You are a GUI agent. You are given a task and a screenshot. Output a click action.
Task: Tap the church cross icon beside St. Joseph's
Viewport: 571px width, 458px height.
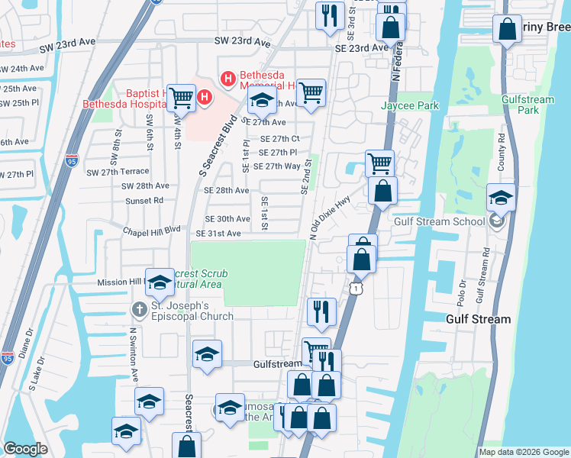click(x=138, y=311)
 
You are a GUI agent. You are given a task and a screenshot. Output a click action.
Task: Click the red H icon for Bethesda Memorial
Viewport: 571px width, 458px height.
click(x=227, y=79)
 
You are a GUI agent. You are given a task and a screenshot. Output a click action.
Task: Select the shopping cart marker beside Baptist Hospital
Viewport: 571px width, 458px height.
click(x=182, y=97)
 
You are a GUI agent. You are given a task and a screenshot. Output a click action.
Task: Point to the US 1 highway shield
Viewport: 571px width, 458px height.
click(x=356, y=286)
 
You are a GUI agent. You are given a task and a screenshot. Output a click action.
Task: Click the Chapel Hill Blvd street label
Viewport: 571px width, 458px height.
click(x=153, y=228)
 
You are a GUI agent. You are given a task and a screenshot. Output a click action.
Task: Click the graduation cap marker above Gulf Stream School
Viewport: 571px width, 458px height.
click(x=501, y=198)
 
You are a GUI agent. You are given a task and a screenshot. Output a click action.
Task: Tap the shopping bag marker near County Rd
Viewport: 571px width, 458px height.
click(x=508, y=30)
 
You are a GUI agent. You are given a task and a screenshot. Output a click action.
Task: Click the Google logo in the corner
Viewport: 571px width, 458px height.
click(x=25, y=449)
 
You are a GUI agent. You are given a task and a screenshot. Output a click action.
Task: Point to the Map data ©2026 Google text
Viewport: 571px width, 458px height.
click(x=523, y=452)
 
